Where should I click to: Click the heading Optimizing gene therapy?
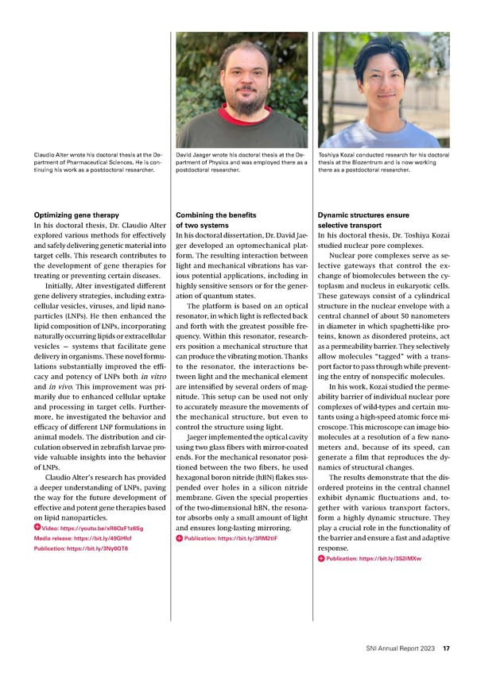76,215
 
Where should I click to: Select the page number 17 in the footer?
448,649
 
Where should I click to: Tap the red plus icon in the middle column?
179,537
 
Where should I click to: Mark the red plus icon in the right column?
321,558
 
